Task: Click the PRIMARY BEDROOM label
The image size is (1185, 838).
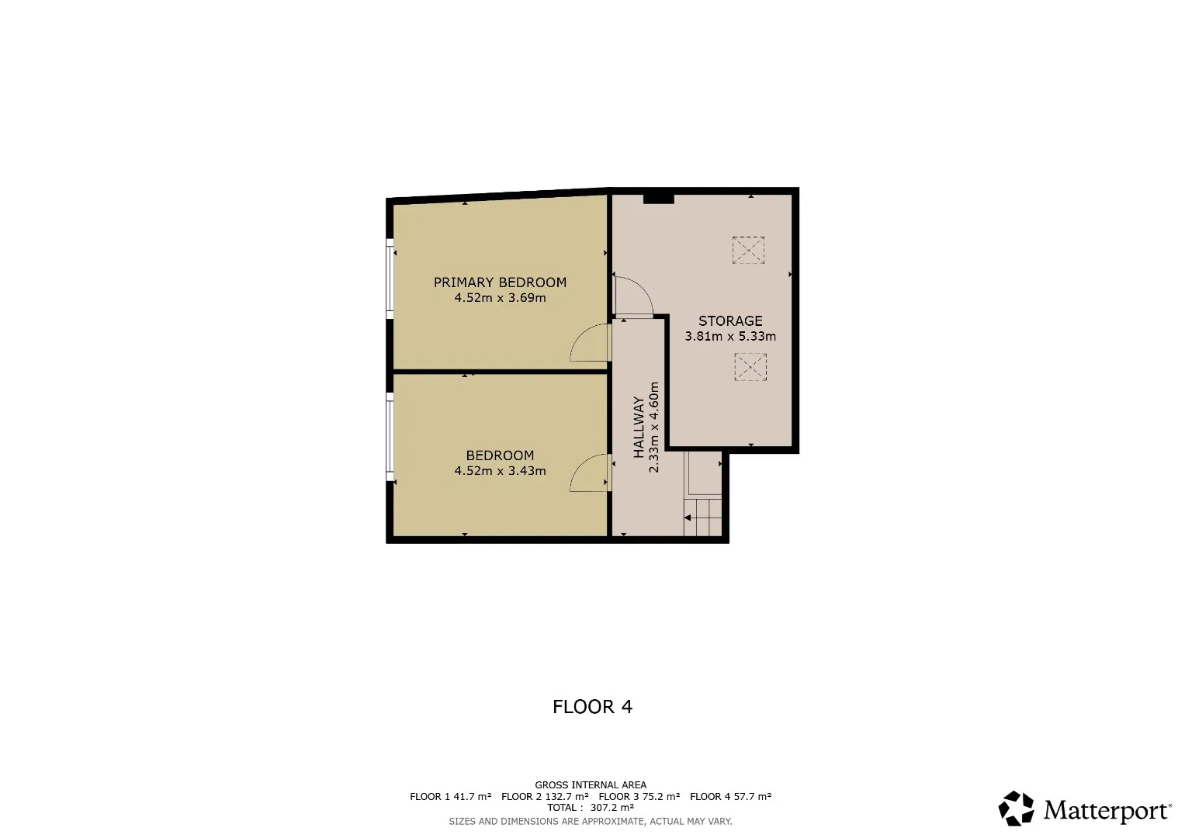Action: tap(500, 282)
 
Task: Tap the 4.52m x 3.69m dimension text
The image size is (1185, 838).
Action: tap(500, 298)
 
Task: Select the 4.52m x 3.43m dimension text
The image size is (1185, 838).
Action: tap(500, 471)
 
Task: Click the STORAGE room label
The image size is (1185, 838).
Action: tap(730, 321)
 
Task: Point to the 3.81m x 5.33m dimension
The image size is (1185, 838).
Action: tap(730, 337)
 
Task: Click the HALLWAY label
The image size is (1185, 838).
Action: tap(639, 427)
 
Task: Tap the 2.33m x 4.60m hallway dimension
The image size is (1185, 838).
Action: tap(654, 427)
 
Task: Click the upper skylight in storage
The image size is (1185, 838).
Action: tap(748, 250)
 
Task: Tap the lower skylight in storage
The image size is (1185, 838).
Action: tap(750, 366)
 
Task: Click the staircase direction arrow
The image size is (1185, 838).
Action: tap(688, 518)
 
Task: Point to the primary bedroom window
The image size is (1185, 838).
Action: tap(390, 279)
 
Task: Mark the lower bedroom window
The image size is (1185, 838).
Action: tap(390, 436)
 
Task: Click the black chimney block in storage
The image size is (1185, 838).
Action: tap(659, 199)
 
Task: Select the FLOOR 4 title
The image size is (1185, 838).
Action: tap(593, 707)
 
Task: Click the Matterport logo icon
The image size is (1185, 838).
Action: tap(1016, 809)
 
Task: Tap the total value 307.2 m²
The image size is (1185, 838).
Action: tap(612, 807)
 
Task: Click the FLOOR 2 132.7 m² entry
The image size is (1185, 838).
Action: tap(545, 796)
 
